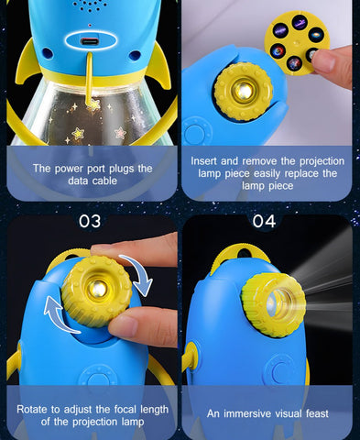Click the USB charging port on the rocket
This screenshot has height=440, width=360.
pyautogui.click(x=90, y=41)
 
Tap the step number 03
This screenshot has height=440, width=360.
pyautogui.click(x=90, y=221)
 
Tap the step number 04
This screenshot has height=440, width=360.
pyautogui.click(x=264, y=221)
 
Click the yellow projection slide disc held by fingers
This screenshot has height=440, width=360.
pyautogui.click(x=296, y=42)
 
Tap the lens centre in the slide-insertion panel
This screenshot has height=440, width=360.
pyautogui.click(x=244, y=90)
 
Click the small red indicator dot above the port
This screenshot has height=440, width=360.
pyautogui.click(x=90, y=25)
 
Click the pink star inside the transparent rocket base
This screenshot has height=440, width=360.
pyautogui.click(x=120, y=132)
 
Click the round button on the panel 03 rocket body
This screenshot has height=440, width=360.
pyautogui.click(x=97, y=379)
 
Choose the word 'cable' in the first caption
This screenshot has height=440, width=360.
pyautogui.click(x=104, y=181)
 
